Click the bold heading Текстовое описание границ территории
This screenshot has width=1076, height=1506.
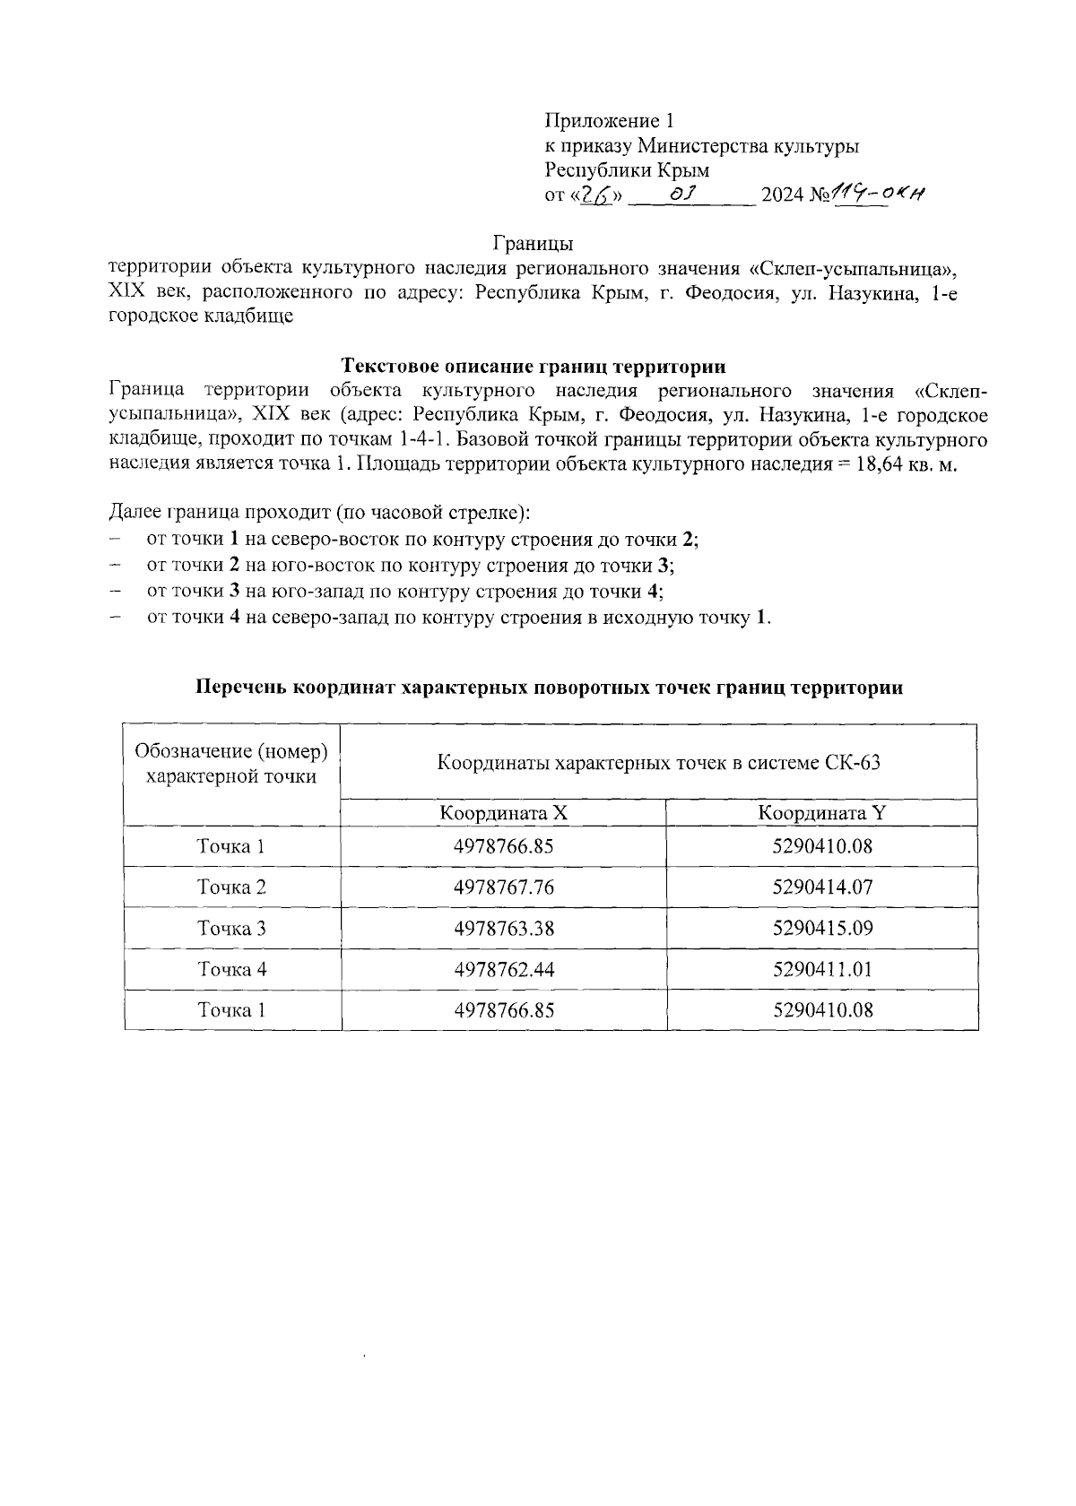tap(534, 366)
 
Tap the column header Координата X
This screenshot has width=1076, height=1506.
tap(504, 813)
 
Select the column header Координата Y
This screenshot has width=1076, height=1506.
tap(822, 813)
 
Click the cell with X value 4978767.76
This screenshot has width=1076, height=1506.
tap(504, 887)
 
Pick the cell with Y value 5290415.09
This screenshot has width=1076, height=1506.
tap(822, 928)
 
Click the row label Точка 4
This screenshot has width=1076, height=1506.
tap(231, 969)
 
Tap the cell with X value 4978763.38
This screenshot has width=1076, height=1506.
tap(504, 928)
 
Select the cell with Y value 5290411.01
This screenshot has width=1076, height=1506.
tap(822, 969)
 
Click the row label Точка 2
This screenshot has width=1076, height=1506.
tap(231, 887)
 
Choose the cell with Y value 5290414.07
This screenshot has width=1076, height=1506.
tap(822, 887)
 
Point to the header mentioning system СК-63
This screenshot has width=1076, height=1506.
tap(658, 763)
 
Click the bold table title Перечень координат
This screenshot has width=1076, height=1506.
tap(549, 688)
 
